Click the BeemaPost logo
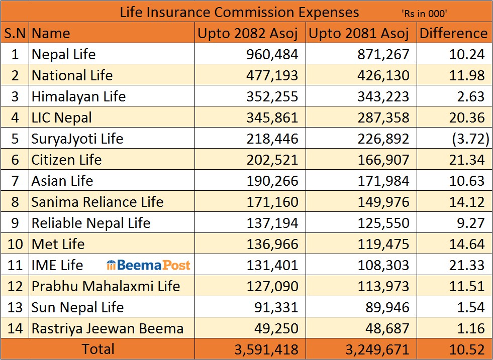click(x=149, y=265)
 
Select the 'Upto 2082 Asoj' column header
click(x=248, y=34)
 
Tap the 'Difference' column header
click(x=453, y=34)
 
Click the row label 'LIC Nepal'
click(x=62, y=117)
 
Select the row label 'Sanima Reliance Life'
click(x=97, y=202)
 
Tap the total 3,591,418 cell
click(x=266, y=349)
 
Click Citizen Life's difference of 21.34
click(x=467, y=160)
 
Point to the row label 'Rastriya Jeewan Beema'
click(x=108, y=329)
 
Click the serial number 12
click(x=15, y=286)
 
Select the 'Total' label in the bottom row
click(x=98, y=349)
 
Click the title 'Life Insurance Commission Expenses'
click(x=239, y=12)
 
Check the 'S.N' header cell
click(x=15, y=34)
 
